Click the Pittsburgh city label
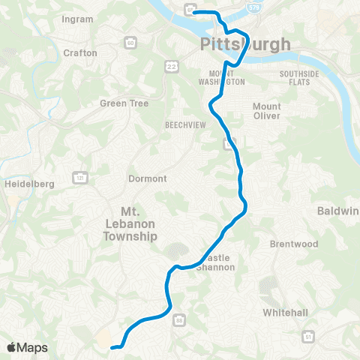click(x=245, y=45)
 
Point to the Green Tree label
click(x=124, y=103)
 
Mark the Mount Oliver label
click(x=266, y=111)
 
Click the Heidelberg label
click(x=26, y=183)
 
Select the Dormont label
click(x=147, y=178)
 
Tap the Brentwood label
click(x=294, y=244)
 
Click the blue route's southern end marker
click(x=114, y=347)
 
